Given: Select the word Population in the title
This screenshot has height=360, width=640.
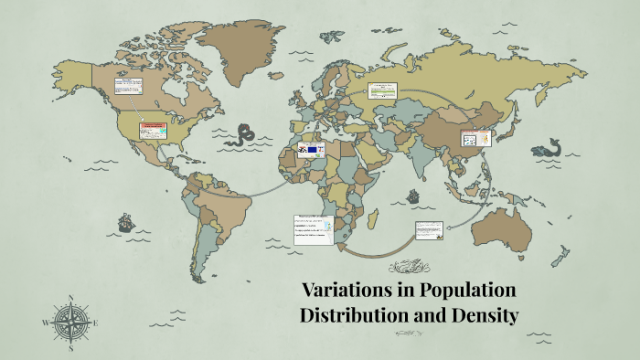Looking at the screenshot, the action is (467, 291).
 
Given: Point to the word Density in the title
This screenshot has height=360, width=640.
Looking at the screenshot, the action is (485, 317).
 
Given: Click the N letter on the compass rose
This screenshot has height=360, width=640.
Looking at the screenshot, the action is (69, 298).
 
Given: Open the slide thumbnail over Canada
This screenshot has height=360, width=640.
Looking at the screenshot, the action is (129, 87).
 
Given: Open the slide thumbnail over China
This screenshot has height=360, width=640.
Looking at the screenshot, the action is (475, 139).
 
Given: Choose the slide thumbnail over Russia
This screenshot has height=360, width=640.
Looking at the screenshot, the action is (383, 90).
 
